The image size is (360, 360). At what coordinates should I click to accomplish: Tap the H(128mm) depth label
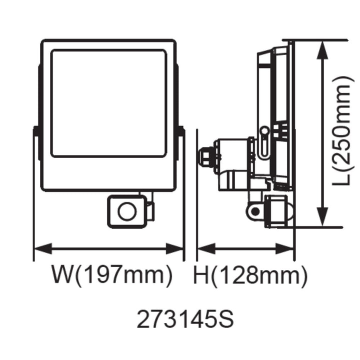250,276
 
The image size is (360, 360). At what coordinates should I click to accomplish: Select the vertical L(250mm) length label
340,131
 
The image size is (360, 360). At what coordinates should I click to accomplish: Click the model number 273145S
185,319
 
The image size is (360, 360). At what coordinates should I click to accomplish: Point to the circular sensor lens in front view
125,211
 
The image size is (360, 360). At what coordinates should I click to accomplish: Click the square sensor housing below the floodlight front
127,211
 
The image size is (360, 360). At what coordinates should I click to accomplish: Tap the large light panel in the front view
109,102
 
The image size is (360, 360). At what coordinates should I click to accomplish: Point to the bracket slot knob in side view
264,133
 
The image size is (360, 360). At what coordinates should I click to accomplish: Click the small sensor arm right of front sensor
150,210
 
